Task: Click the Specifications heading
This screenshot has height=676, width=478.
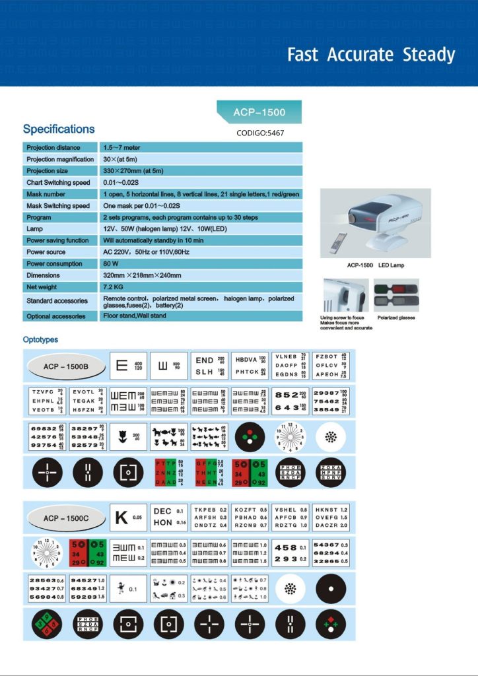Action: click(59, 129)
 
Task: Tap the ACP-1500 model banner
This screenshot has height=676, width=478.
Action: click(259, 112)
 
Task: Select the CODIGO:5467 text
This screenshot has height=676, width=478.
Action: click(260, 133)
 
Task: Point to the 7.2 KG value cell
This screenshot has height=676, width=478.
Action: click(113, 287)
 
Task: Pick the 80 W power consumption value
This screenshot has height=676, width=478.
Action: click(110, 263)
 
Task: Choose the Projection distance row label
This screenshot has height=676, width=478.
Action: click(53, 147)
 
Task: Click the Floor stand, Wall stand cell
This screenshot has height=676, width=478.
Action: click(135, 316)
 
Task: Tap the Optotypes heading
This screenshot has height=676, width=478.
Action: click(40, 340)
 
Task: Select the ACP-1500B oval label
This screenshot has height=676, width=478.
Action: click(65, 366)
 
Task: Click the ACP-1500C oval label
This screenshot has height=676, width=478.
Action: click(65, 518)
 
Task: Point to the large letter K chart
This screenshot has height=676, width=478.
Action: click(128, 518)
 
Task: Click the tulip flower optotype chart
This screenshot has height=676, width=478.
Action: click(128, 436)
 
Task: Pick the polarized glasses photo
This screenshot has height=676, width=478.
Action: click(396, 295)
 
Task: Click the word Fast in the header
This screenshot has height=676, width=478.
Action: click(303, 55)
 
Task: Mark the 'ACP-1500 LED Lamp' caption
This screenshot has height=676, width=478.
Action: click(376, 265)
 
